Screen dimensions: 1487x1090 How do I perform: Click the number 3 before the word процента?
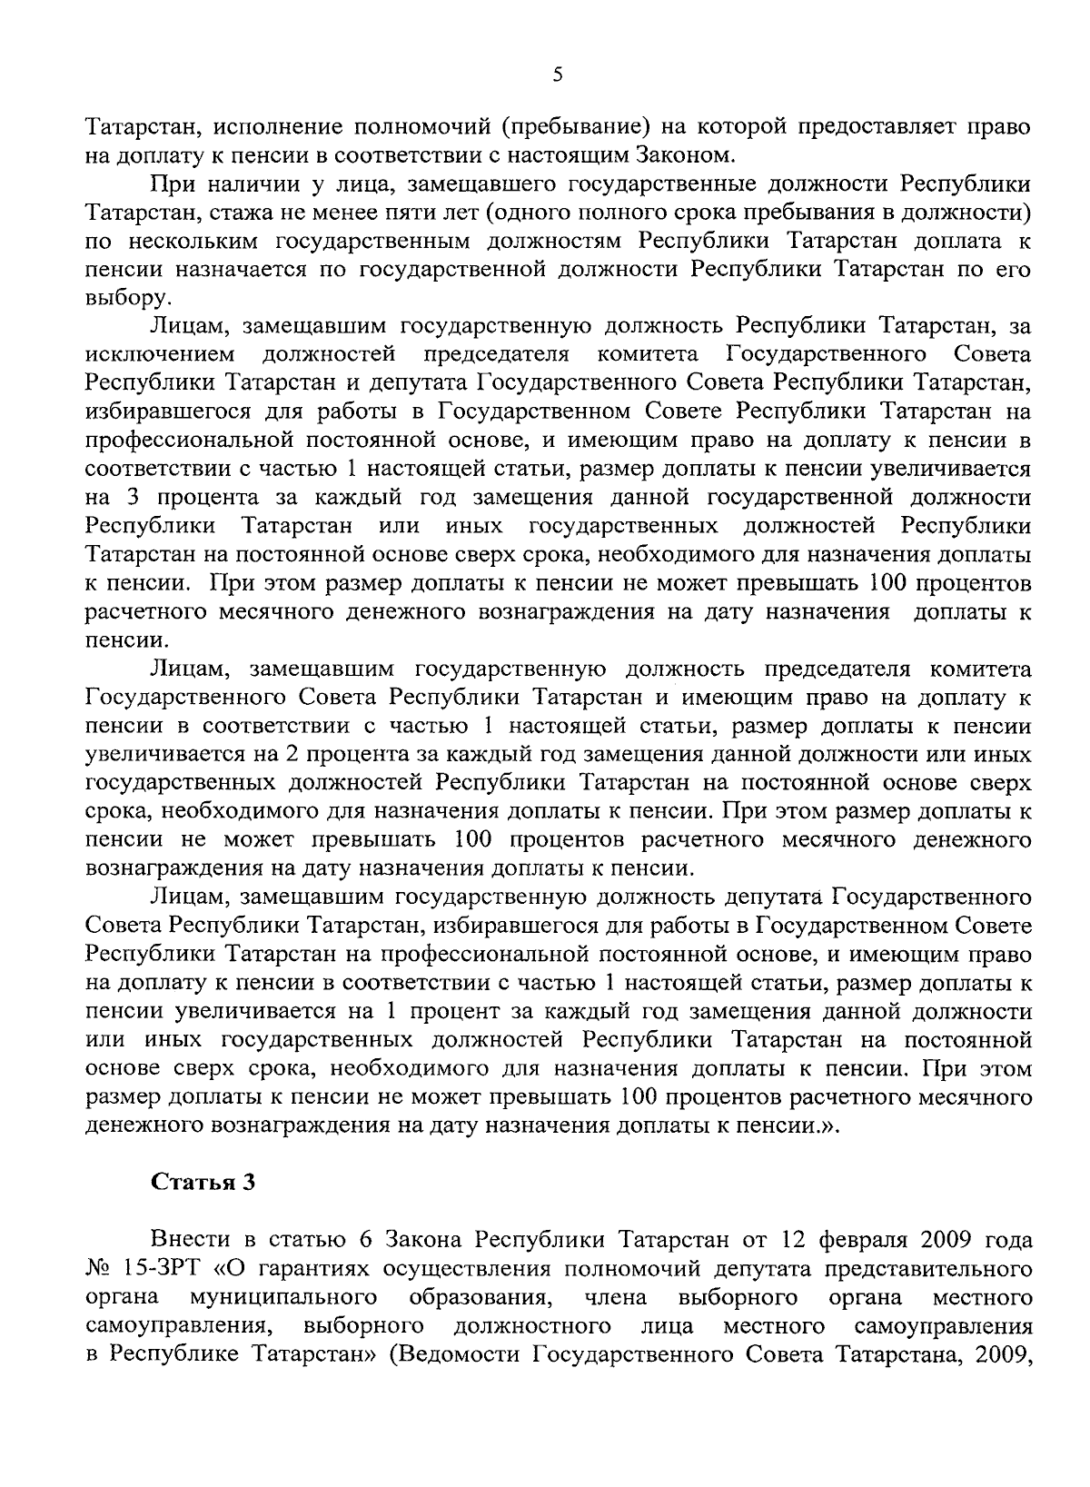coord(130,498)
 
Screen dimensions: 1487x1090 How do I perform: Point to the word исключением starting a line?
coord(161,353)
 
